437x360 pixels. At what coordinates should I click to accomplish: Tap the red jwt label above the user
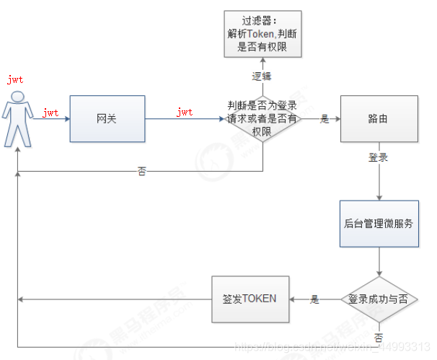point(15,80)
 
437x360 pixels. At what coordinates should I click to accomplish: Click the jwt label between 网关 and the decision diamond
point(185,113)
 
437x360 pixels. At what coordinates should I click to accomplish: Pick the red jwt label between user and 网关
point(50,113)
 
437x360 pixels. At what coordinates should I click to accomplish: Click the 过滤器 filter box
point(262,35)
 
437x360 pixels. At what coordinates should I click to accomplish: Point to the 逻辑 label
point(262,76)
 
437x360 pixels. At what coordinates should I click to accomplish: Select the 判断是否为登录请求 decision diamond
point(262,118)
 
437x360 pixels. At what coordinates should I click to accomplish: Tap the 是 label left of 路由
point(325,119)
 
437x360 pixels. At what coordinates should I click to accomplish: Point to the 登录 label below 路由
point(379,157)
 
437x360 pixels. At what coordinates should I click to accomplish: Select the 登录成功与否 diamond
point(379,299)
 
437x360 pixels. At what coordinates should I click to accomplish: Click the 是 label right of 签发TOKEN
point(314,298)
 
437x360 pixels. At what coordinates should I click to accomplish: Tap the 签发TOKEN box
point(250,299)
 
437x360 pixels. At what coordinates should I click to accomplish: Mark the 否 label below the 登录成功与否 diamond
point(379,337)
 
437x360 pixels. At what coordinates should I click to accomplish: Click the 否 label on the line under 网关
point(142,172)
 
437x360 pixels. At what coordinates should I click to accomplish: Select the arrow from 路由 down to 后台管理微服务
point(379,180)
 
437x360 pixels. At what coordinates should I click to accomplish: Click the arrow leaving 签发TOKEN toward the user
point(115,299)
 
